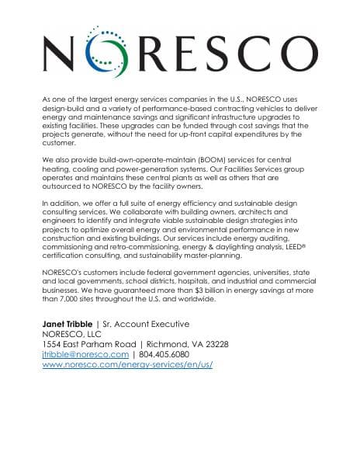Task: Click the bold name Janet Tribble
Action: [67, 322]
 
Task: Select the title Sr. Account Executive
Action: [145, 322]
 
